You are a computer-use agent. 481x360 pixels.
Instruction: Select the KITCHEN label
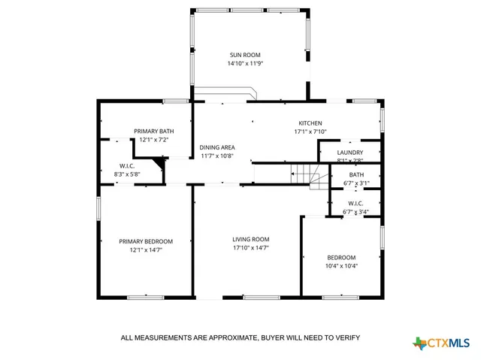(x=310, y=123)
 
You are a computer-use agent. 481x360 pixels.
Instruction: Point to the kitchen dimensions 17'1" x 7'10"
(x=310, y=132)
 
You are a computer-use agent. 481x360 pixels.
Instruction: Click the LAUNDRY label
(x=350, y=152)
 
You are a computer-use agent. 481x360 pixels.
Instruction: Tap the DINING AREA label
(x=217, y=147)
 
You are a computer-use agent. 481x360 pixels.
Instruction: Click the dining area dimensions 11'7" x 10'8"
(x=217, y=156)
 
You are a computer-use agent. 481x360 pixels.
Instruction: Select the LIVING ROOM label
(x=250, y=239)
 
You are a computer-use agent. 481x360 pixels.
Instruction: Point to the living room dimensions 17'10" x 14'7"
(x=250, y=248)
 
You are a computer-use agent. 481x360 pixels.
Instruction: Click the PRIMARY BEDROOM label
(x=146, y=241)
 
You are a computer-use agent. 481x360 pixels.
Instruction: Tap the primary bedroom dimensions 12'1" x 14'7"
(x=146, y=250)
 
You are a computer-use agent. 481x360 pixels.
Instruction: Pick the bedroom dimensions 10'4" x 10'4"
(x=340, y=265)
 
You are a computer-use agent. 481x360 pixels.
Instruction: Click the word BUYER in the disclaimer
(x=276, y=338)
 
